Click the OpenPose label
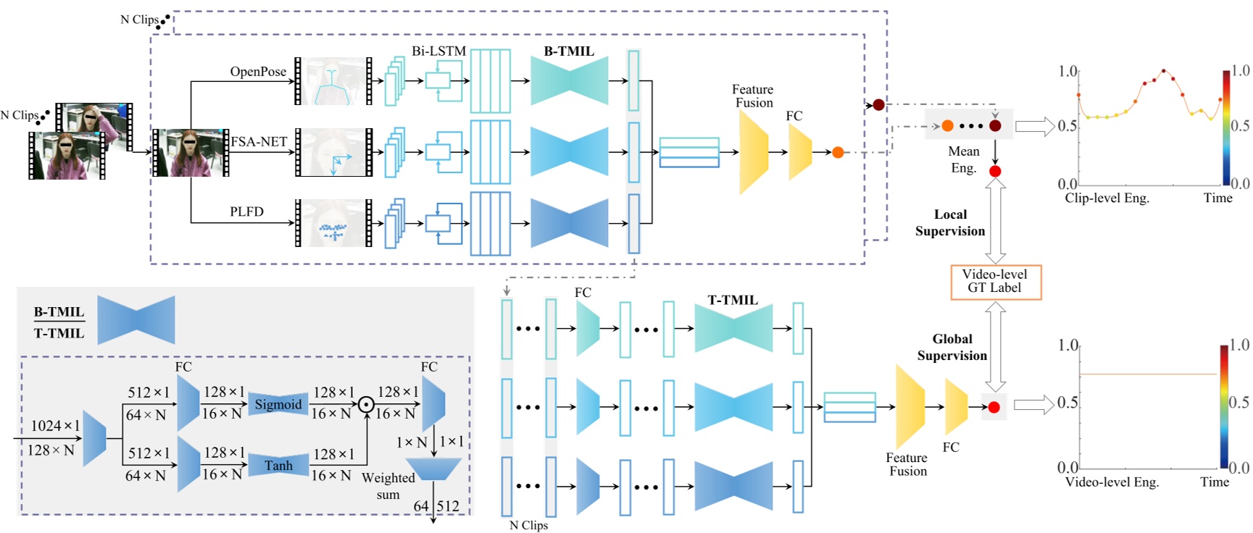pyautogui.click(x=258, y=72)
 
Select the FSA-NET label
pyautogui.click(x=259, y=142)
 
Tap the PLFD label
pyautogui.click(x=246, y=211)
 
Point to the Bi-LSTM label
pyautogui.click(x=438, y=51)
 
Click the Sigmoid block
pyautogui.click(x=278, y=404)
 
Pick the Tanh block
pyautogui.click(x=278, y=465)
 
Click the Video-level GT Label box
pyautogui.click(x=995, y=282)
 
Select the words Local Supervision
pyautogui.click(x=950, y=223)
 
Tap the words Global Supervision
pyautogui.click(x=952, y=348)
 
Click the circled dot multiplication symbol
pyautogui.click(x=367, y=404)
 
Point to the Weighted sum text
pyautogui.click(x=388, y=486)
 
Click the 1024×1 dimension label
pyautogui.click(x=55, y=426)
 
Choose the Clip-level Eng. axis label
pyautogui.click(x=1107, y=198)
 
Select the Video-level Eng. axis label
pyautogui.click(x=1112, y=482)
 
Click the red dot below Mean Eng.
pyautogui.click(x=995, y=172)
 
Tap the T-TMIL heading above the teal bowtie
pyautogui.click(x=732, y=300)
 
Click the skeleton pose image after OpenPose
pyautogui.click(x=333, y=81)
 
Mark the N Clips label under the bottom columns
pyautogui.click(x=528, y=525)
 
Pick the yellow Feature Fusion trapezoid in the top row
pyautogui.click(x=754, y=152)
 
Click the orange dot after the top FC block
pyautogui.click(x=838, y=152)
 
